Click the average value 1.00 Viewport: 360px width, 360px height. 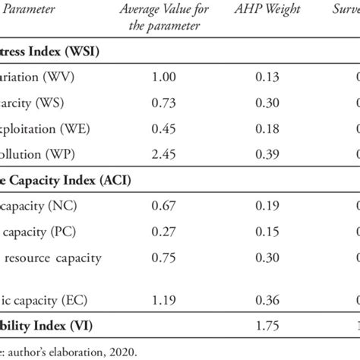[x=153, y=77]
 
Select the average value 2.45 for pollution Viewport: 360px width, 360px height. [x=153, y=153]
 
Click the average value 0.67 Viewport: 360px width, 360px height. [x=153, y=206]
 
